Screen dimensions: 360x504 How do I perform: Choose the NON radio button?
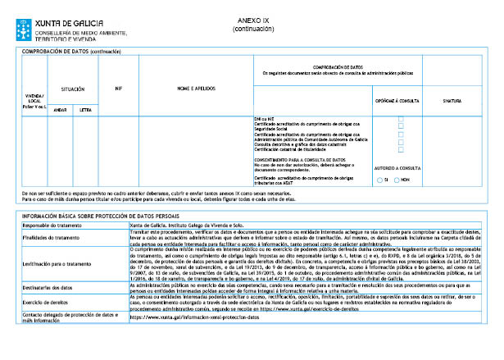coord(396,179)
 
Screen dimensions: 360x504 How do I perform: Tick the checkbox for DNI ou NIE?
coord(400,119)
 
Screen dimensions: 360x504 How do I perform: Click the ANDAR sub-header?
coord(59,108)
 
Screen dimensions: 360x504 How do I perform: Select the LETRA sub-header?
coord(84,108)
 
